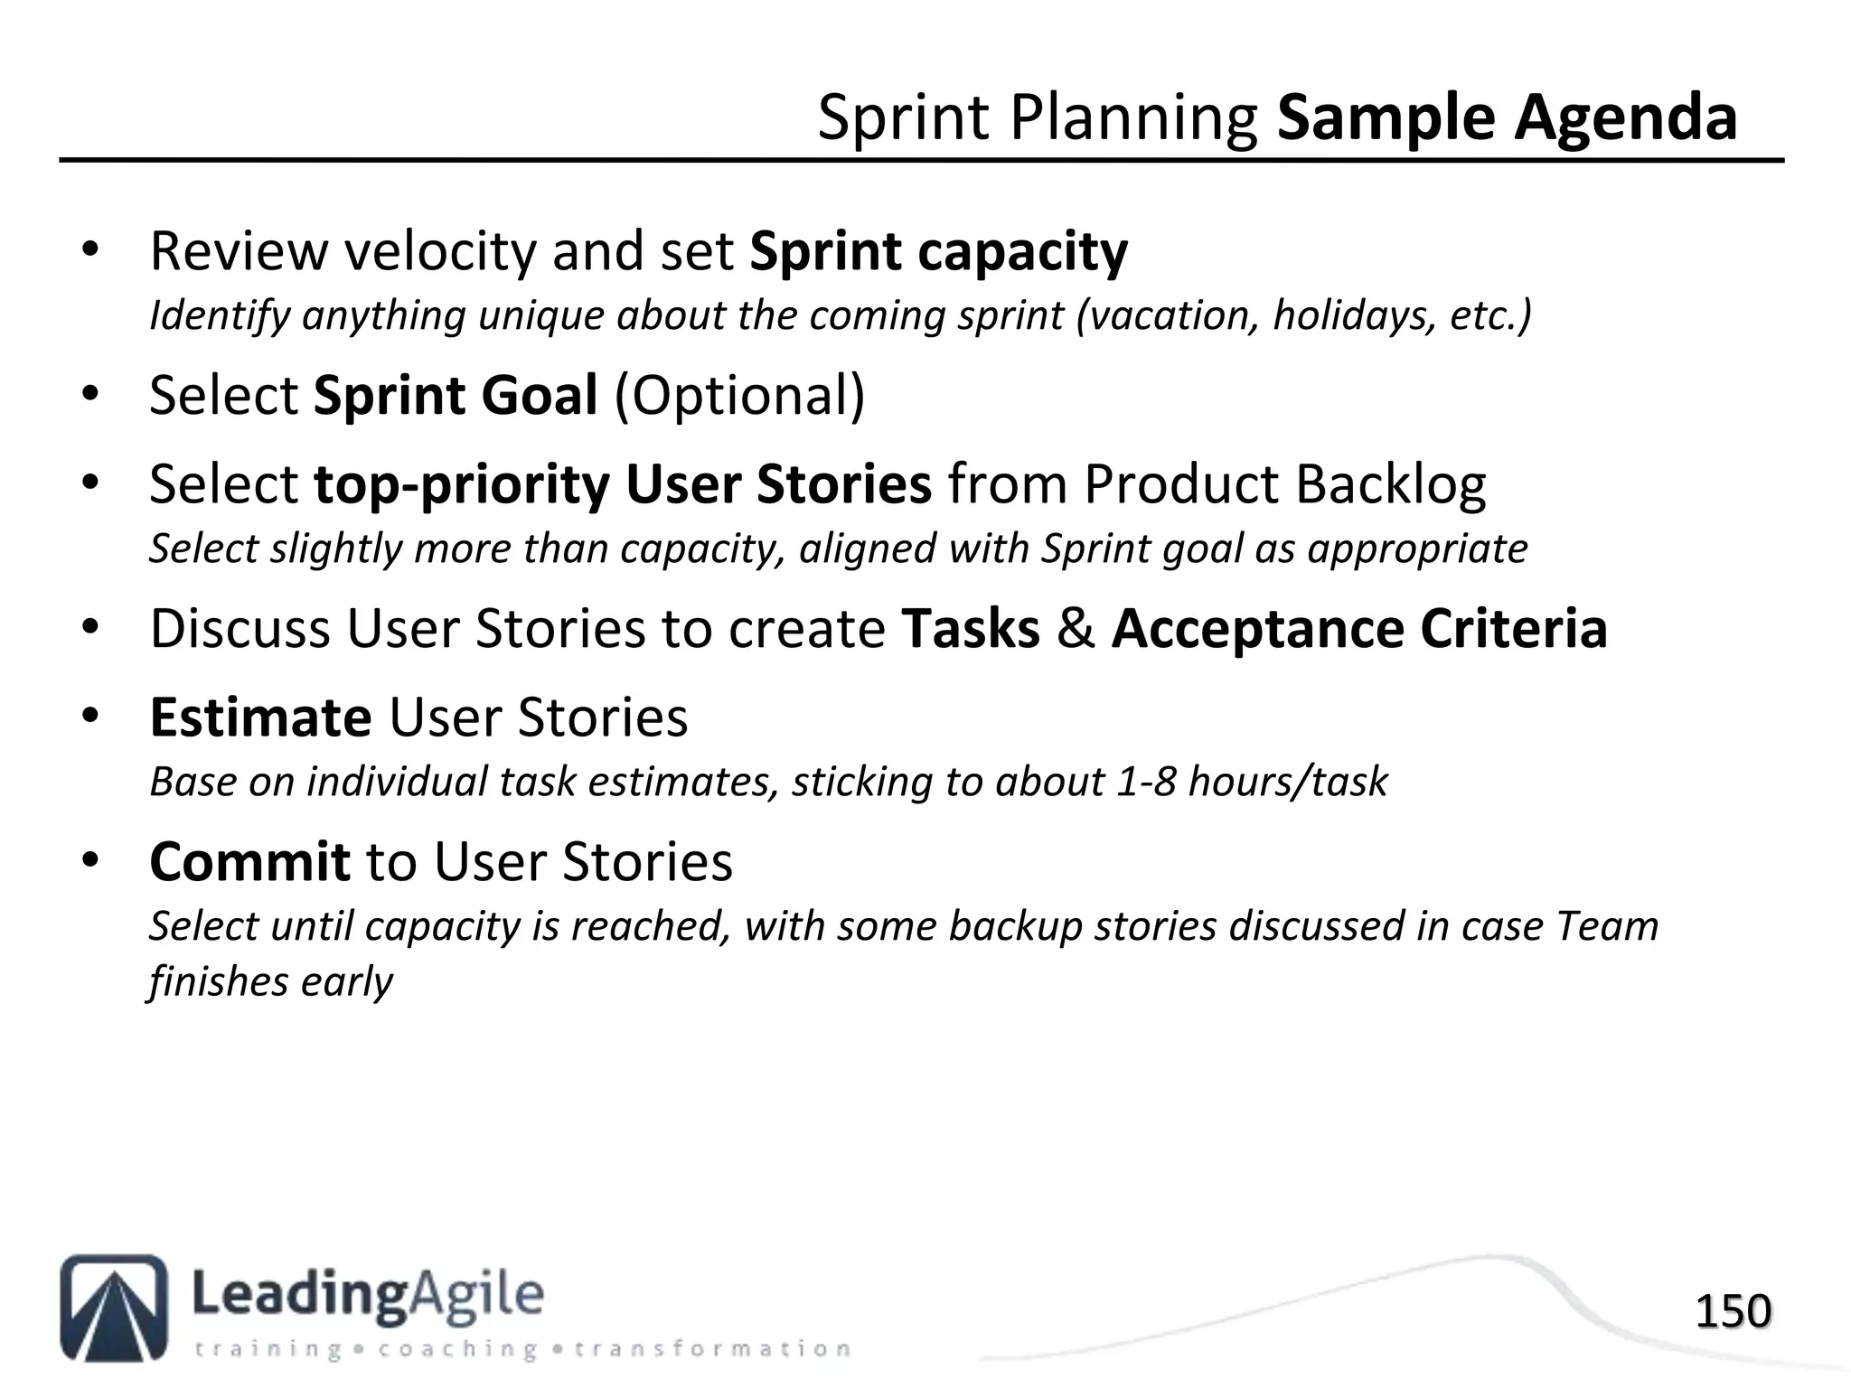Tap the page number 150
point(1733,1312)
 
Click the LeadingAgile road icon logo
point(114,1308)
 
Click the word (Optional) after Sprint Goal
point(739,396)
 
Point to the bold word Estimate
point(260,717)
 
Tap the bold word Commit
point(249,862)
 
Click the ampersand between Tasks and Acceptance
point(1076,629)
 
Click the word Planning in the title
point(1133,118)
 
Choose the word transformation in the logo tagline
point(712,1350)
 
